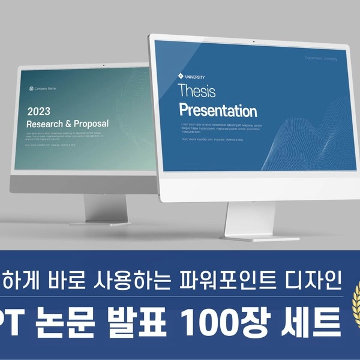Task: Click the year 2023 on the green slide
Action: pos(39,111)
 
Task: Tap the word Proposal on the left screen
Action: pos(92,124)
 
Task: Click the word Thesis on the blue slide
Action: pos(196,91)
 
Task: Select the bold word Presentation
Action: pos(218,111)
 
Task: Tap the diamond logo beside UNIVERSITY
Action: pos(181,76)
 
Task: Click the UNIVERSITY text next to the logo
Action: pos(196,77)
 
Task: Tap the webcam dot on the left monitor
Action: pos(103,65)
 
